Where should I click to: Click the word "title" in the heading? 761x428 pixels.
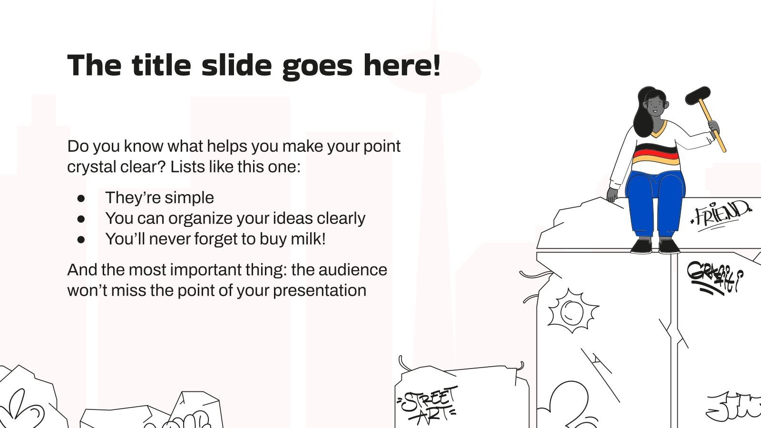[161, 65]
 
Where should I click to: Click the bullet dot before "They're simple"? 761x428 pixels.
[81, 198]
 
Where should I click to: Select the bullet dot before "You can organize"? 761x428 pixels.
[81, 218]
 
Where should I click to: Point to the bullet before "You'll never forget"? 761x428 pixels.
[81, 239]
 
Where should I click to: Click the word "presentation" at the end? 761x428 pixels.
[319, 290]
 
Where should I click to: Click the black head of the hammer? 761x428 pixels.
[698, 96]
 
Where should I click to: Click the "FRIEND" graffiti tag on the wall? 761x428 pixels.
[721, 214]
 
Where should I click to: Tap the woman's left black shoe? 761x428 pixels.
[642, 246]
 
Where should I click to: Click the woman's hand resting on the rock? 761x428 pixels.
[612, 194]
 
